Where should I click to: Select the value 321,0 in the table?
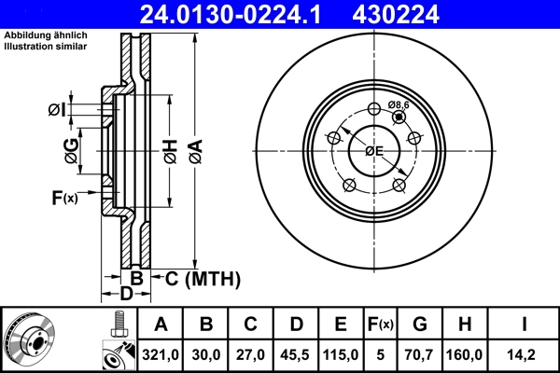(161, 355)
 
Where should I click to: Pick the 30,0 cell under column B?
(206, 355)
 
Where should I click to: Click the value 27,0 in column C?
(251, 355)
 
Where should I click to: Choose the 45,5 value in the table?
(296, 355)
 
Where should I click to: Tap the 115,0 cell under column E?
(341, 355)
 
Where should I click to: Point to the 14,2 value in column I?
(525, 355)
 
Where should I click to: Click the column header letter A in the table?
(161, 325)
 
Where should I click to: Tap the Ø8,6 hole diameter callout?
(399, 105)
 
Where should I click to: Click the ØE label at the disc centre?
(374, 150)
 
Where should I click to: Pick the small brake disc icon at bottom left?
(30, 340)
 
